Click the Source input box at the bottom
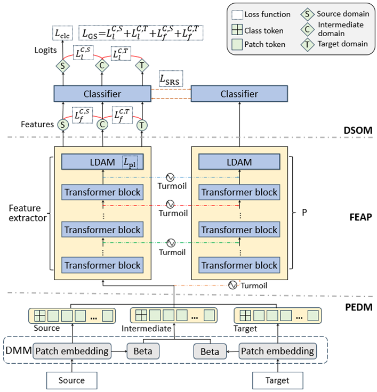point(71,380)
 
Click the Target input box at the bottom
point(277,380)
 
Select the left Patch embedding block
point(72,351)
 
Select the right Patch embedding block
point(277,351)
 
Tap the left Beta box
point(143,352)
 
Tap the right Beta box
point(210,352)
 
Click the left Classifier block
point(102,94)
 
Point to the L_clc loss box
point(62,33)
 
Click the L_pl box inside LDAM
point(132,162)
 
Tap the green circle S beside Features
point(63,125)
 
